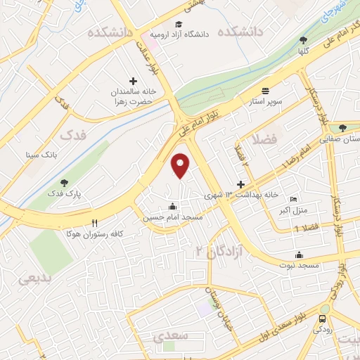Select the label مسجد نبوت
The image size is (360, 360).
click(x=300, y=264)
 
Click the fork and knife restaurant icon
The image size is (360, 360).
click(x=94, y=222)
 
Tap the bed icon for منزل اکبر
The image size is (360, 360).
click(x=293, y=200)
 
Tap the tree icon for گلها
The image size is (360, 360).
click(x=303, y=41)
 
